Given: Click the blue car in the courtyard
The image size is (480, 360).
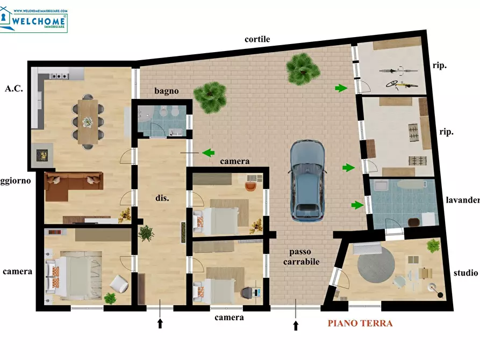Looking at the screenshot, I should (x=307, y=181).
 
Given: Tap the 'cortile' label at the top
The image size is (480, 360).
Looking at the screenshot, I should (x=257, y=39).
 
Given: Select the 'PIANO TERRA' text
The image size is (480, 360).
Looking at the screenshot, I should (x=360, y=323).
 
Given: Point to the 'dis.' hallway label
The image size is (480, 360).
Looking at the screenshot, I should (x=162, y=198).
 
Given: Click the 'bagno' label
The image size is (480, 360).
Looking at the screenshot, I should (x=167, y=91).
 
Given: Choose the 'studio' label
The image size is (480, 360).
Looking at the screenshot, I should (x=465, y=273).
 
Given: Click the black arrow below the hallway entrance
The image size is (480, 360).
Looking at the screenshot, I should (x=160, y=323).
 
